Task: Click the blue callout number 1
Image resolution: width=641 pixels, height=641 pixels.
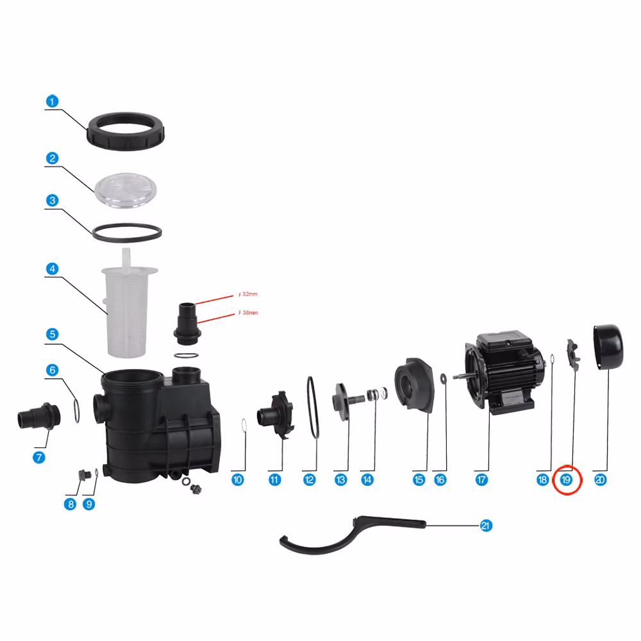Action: click(x=52, y=101)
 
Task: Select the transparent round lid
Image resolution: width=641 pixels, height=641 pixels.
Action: click(x=126, y=190)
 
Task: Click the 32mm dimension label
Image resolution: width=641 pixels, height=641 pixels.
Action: click(x=248, y=294)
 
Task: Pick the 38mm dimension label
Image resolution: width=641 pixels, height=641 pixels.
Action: click(x=248, y=313)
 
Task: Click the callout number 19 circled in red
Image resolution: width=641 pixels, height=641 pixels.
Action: click(x=566, y=480)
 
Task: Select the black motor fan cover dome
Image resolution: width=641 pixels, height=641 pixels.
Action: click(x=609, y=347)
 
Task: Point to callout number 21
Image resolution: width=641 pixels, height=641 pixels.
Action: click(x=486, y=526)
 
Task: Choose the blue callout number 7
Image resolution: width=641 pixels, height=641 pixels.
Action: click(x=39, y=457)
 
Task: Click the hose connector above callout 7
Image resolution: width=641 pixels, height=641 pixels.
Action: click(x=39, y=416)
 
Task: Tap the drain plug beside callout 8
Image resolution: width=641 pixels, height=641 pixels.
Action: click(x=85, y=476)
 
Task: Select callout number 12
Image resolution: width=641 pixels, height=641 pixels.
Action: click(x=309, y=480)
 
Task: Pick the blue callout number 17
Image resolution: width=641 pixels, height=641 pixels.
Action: click(x=481, y=480)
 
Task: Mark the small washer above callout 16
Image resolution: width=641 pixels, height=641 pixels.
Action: click(x=444, y=379)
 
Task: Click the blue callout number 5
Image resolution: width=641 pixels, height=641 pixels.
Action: click(x=52, y=334)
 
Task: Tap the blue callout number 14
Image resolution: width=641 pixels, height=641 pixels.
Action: click(x=367, y=480)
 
